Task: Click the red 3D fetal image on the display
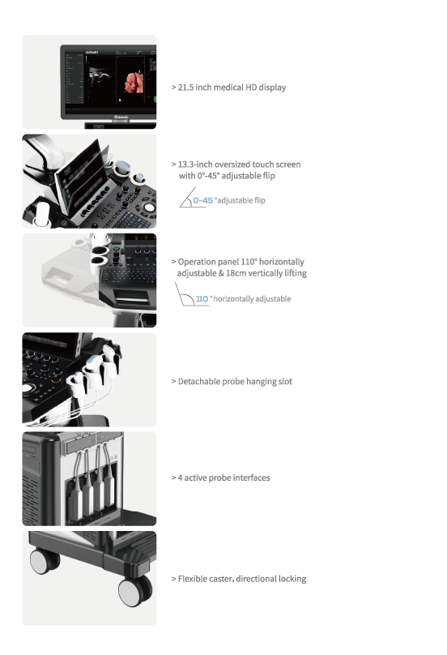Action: (x=134, y=81)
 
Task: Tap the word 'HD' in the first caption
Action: (x=251, y=88)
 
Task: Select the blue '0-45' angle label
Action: (x=202, y=200)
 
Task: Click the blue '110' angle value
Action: (x=202, y=298)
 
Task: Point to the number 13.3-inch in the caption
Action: (x=195, y=165)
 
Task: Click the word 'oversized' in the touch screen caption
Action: (x=232, y=165)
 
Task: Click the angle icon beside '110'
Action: (x=185, y=294)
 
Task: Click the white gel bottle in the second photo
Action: (x=42, y=212)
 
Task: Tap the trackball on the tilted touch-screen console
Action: (x=148, y=208)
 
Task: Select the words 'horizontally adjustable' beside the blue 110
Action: (x=252, y=298)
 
